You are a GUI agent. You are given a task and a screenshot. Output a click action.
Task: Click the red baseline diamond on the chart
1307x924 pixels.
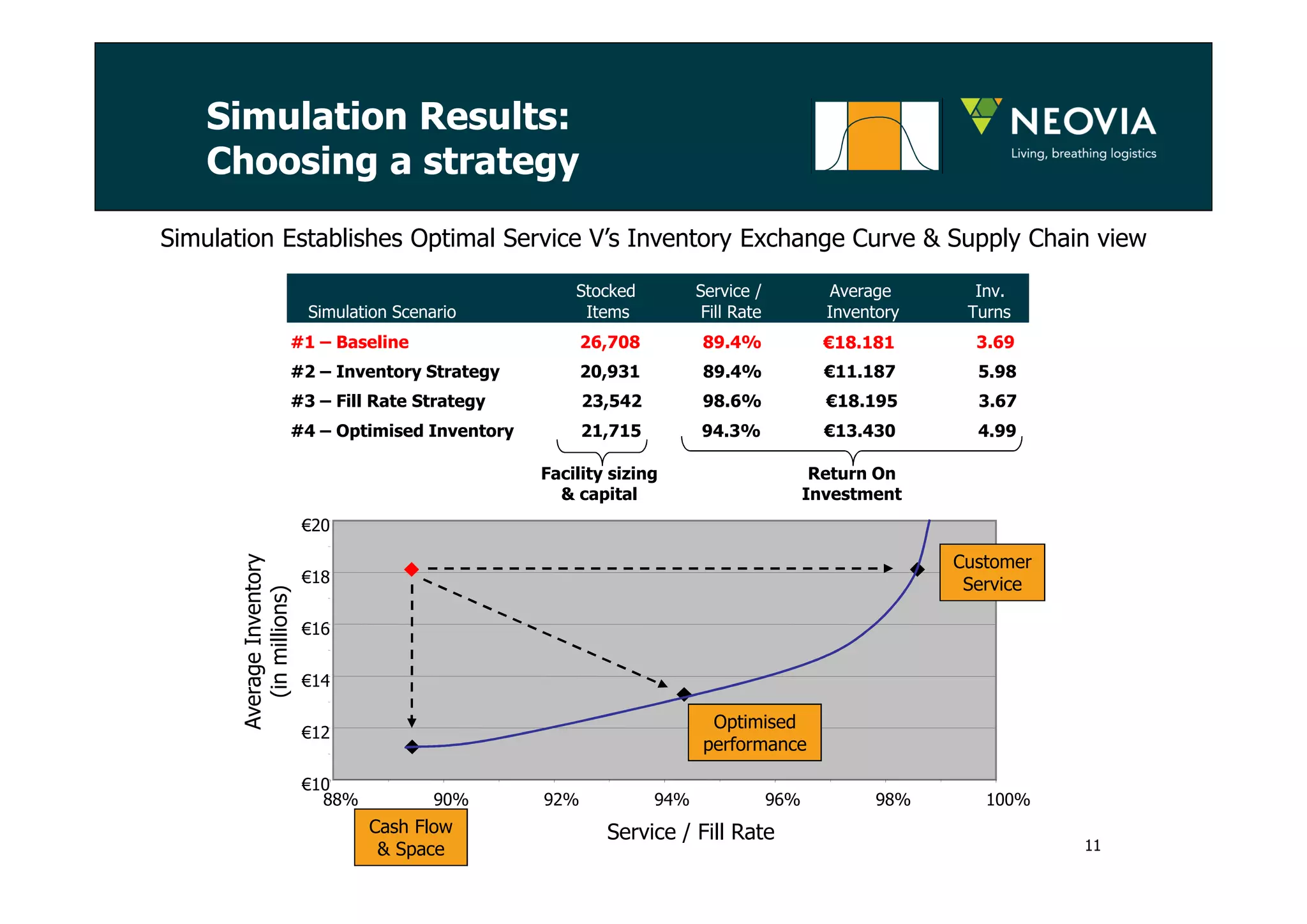click(412, 569)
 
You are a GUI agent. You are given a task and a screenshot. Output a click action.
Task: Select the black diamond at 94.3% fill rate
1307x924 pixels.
click(684, 694)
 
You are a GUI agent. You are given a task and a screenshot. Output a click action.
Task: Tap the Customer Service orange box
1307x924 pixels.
click(992, 573)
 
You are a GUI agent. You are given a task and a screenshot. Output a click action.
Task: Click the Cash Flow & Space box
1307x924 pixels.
click(410, 837)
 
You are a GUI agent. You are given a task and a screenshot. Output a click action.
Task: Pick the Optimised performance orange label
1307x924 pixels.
click(754, 732)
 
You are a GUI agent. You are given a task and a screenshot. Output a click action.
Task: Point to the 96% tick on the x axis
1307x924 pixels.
click(782, 799)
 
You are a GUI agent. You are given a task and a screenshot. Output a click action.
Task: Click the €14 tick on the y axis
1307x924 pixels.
click(315, 680)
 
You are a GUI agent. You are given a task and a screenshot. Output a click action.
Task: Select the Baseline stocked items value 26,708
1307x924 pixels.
click(609, 342)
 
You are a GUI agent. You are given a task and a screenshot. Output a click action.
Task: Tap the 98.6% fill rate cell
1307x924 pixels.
click(731, 401)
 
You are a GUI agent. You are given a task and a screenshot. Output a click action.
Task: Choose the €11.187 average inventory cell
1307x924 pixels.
click(859, 372)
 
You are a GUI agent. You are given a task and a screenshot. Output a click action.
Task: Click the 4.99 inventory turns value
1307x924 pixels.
click(996, 431)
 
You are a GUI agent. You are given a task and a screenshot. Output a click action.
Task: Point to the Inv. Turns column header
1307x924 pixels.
click(989, 301)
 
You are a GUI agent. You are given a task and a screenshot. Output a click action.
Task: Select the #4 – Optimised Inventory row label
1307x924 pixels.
click(402, 431)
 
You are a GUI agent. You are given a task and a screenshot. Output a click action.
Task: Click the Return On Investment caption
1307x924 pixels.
click(851, 483)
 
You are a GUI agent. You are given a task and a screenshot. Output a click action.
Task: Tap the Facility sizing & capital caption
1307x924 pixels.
click(599, 483)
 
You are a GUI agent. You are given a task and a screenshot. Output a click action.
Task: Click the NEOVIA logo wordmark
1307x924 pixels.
click(1083, 122)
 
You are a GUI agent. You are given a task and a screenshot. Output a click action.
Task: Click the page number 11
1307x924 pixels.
click(1093, 845)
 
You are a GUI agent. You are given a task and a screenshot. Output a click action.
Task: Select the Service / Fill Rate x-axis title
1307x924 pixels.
click(691, 832)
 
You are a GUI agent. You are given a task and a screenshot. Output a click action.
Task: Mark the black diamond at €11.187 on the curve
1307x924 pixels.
click(412, 746)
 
